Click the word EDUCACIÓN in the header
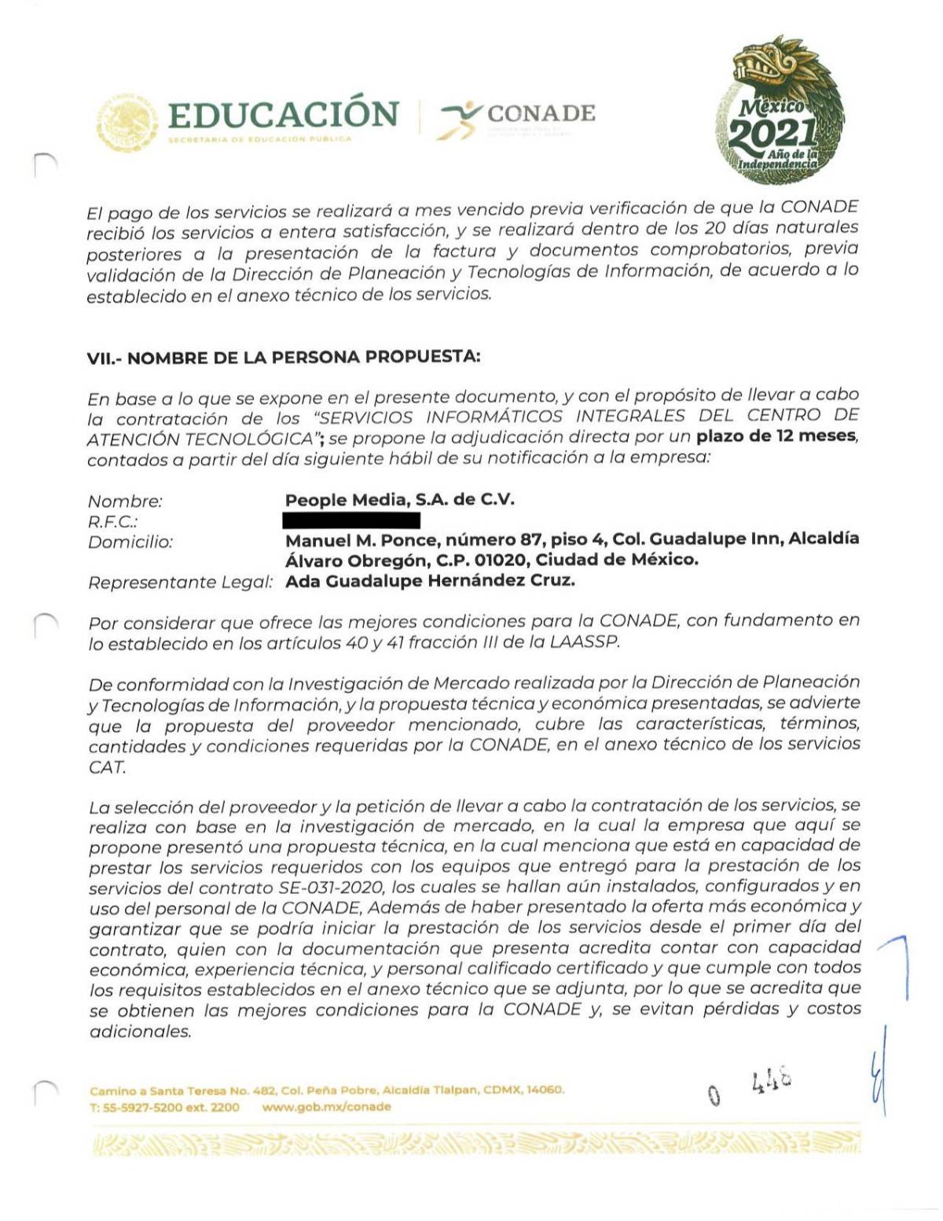(x=283, y=115)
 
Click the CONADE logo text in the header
(x=541, y=114)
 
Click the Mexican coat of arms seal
(x=126, y=123)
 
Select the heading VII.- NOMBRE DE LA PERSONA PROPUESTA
(x=283, y=358)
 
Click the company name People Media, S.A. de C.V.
(x=399, y=500)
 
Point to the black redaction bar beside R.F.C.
(x=351, y=520)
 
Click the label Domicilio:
(x=130, y=542)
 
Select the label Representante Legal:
(x=180, y=583)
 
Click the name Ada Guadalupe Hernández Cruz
(x=430, y=581)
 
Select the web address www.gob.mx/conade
(x=326, y=1106)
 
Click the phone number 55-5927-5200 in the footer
(x=140, y=1106)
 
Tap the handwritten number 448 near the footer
(x=771, y=1083)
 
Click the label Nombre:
(x=125, y=502)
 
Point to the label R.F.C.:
(x=113, y=521)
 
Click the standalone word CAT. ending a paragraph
(x=107, y=767)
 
